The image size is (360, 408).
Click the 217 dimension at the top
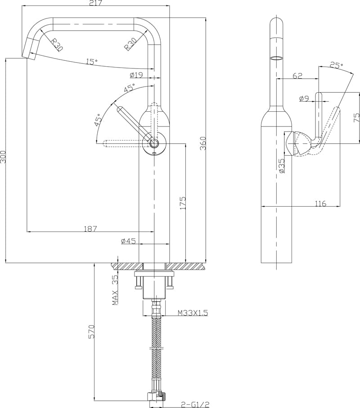pos(95,3)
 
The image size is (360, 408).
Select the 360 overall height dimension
pos(203,143)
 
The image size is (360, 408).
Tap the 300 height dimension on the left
pos(4,157)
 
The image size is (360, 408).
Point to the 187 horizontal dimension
pos(90,229)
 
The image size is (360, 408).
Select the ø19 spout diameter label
pos(136,75)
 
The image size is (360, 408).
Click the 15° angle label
pos(92,62)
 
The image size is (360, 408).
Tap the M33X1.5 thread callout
pos(193,313)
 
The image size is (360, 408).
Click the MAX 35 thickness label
pos(115,290)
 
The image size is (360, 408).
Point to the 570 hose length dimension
pos(91,332)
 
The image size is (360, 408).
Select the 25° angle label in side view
pos(336,66)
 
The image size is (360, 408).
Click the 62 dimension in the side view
pos(297,76)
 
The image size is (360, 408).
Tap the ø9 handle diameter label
pos(304,98)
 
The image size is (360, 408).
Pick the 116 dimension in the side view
pos(320,204)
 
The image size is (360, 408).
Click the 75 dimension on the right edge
pos(356,118)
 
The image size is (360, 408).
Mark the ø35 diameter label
pos(282,165)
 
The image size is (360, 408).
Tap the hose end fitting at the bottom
pos(156,396)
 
